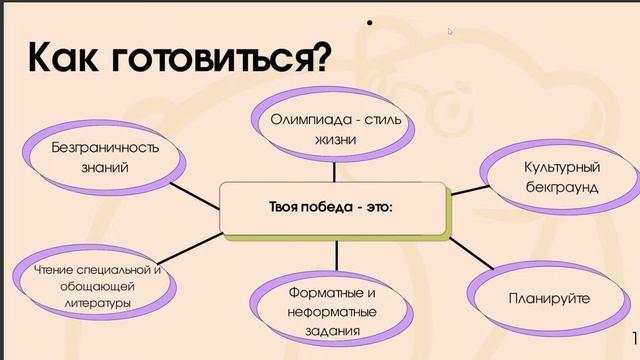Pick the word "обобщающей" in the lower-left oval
pyautogui.click(x=96, y=286)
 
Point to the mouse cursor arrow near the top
pyautogui.click(x=450, y=31)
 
